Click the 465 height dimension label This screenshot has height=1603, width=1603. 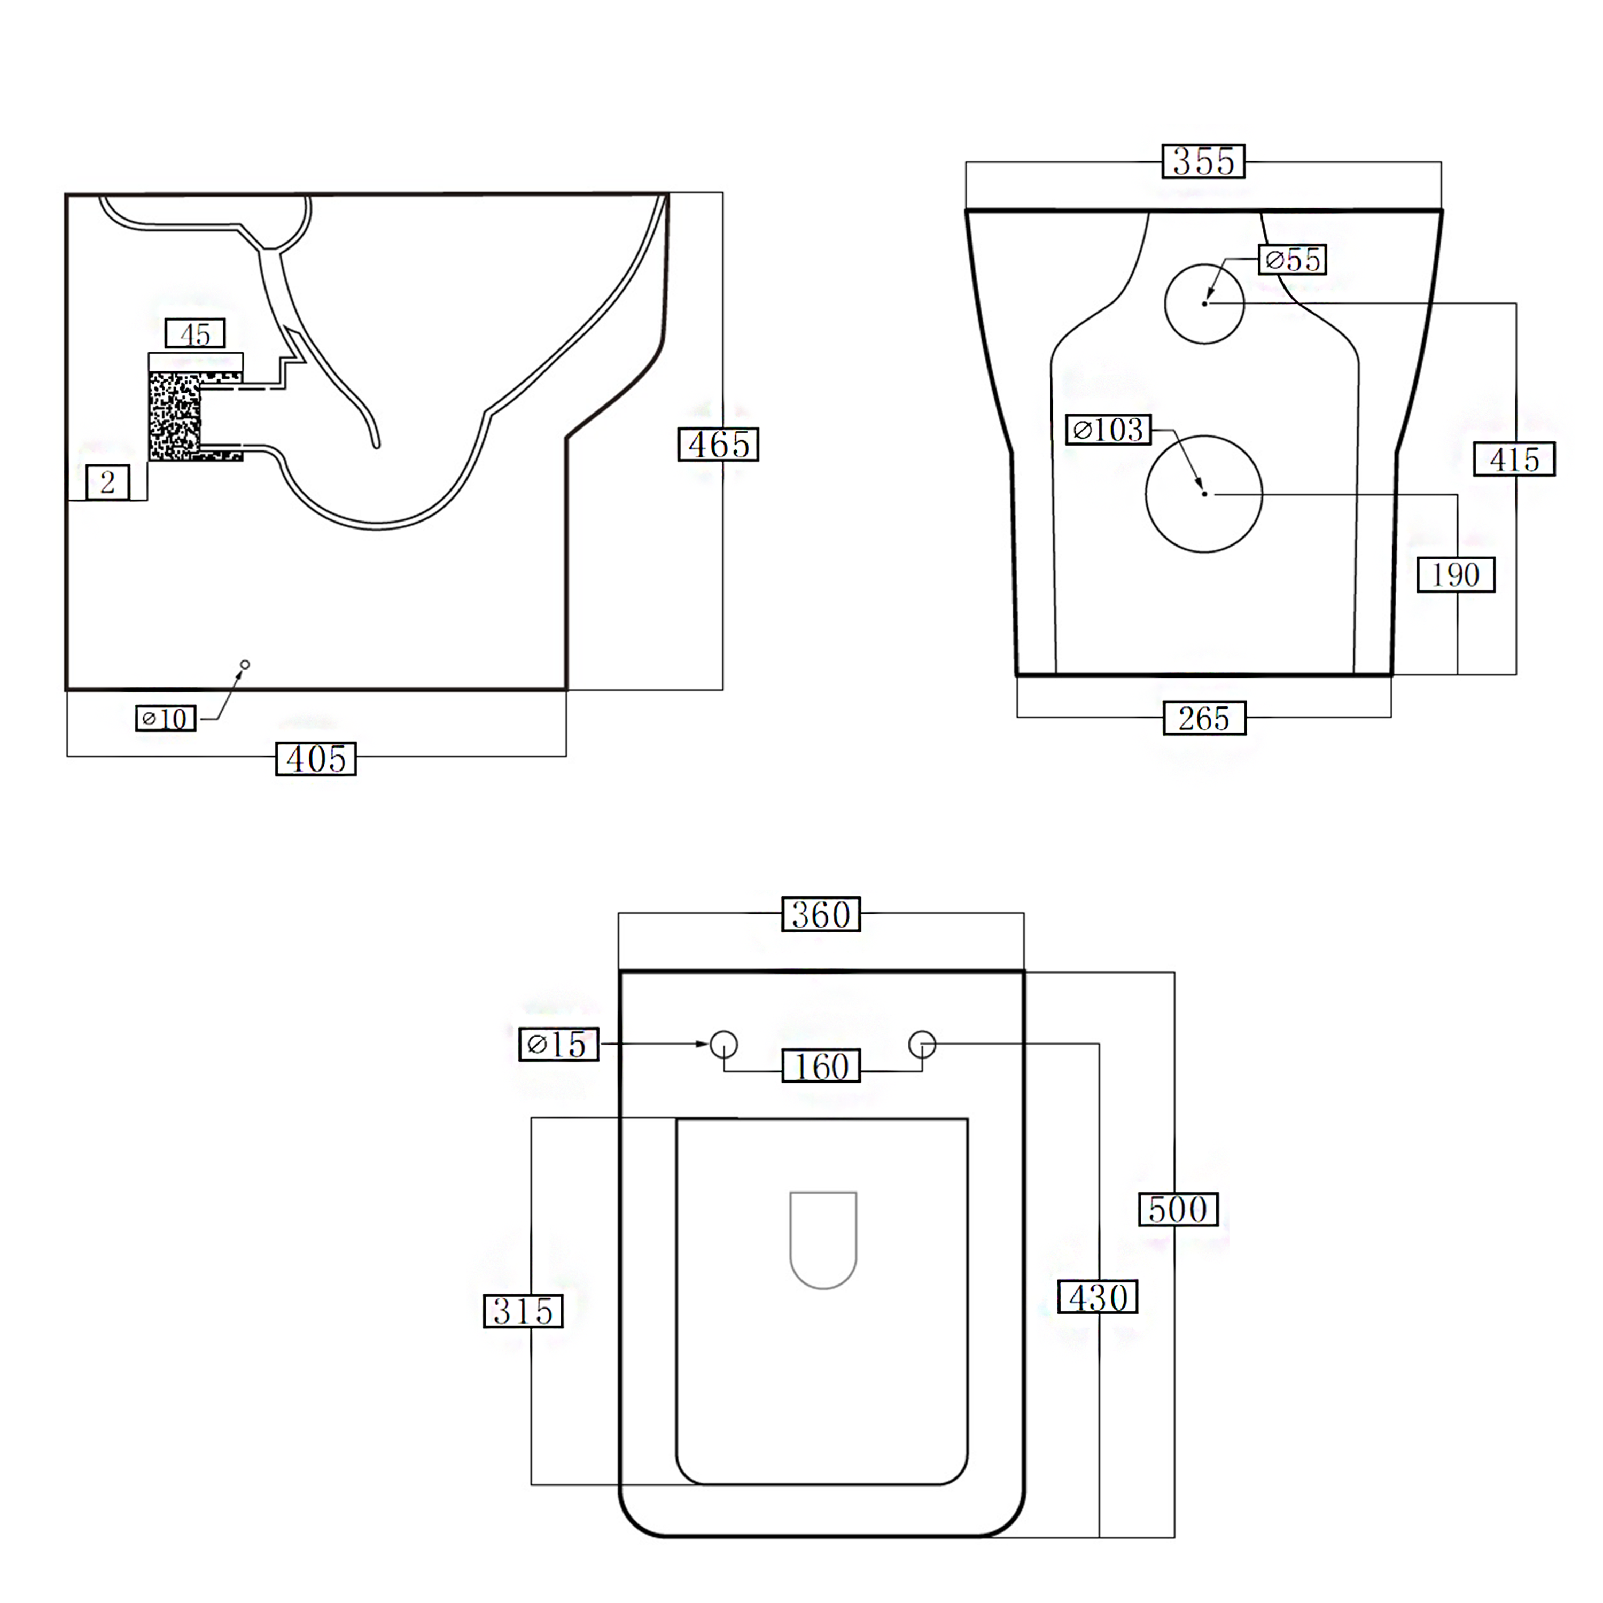[718, 445]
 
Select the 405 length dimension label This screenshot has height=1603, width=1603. [316, 758]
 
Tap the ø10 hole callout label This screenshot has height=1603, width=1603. [166, 718]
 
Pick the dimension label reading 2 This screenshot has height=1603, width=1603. [108, 482]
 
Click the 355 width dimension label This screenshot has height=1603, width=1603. [1203, 161]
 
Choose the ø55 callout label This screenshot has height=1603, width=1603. [1293, 260]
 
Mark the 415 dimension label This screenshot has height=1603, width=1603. [1514, 460]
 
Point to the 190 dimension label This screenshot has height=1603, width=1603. [1456, 574]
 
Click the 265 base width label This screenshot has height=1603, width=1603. [1204, 718]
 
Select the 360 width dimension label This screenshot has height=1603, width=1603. [821, 914]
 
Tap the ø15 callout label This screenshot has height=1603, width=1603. [558, 1044]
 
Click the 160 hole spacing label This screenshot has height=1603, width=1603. [821, 1066]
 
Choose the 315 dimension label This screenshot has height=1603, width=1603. [523, 1311]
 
